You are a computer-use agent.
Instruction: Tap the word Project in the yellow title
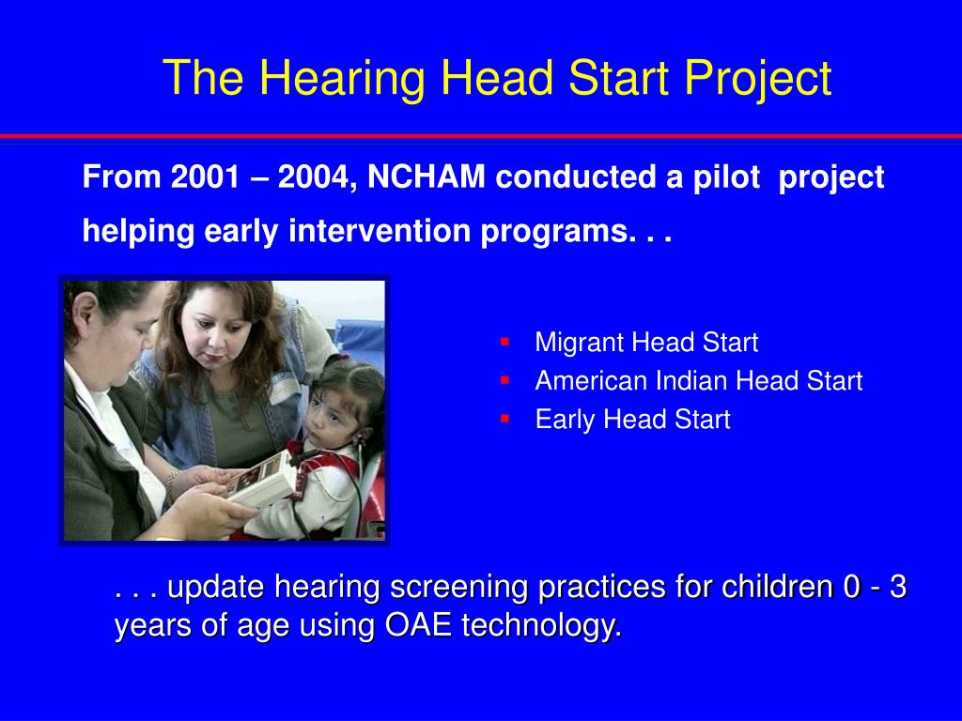click(x=758, y=79)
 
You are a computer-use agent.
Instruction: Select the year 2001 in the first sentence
click(x=205, y=176)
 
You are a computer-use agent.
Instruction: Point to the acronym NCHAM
click(x=427, y=176)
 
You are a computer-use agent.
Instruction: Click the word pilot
click(x=726, y=177)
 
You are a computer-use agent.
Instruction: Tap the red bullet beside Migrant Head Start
click(x=504, y=342)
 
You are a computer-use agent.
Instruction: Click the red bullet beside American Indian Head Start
click(x=504, y=380)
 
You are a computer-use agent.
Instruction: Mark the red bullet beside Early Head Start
click(x=504, y=419)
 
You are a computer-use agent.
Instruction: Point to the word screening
click(x=458, y=588)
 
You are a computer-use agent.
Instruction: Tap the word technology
click(x=542, y=626)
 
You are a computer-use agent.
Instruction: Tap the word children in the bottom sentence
click(x=777, y=586)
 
